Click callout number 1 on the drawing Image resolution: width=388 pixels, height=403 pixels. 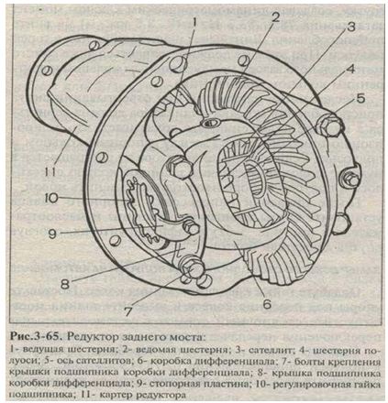point(194,23)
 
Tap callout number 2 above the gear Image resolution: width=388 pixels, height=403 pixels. point(275,17)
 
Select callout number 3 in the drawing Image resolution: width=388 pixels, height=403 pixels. point(350,27)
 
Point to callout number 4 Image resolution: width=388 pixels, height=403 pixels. point(350,70)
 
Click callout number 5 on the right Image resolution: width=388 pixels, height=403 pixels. point(360,99)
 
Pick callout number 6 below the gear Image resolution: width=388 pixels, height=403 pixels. point(267,303)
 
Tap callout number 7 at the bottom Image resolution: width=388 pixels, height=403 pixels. point(128,311)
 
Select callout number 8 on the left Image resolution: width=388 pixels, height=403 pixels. point(65,285)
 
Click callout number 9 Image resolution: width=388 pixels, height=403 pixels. point(52,234)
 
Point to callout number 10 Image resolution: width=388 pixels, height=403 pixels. point(50,199)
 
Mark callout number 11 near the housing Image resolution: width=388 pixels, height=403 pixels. point(50,172)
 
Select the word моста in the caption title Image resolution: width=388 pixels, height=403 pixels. point(185,337)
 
